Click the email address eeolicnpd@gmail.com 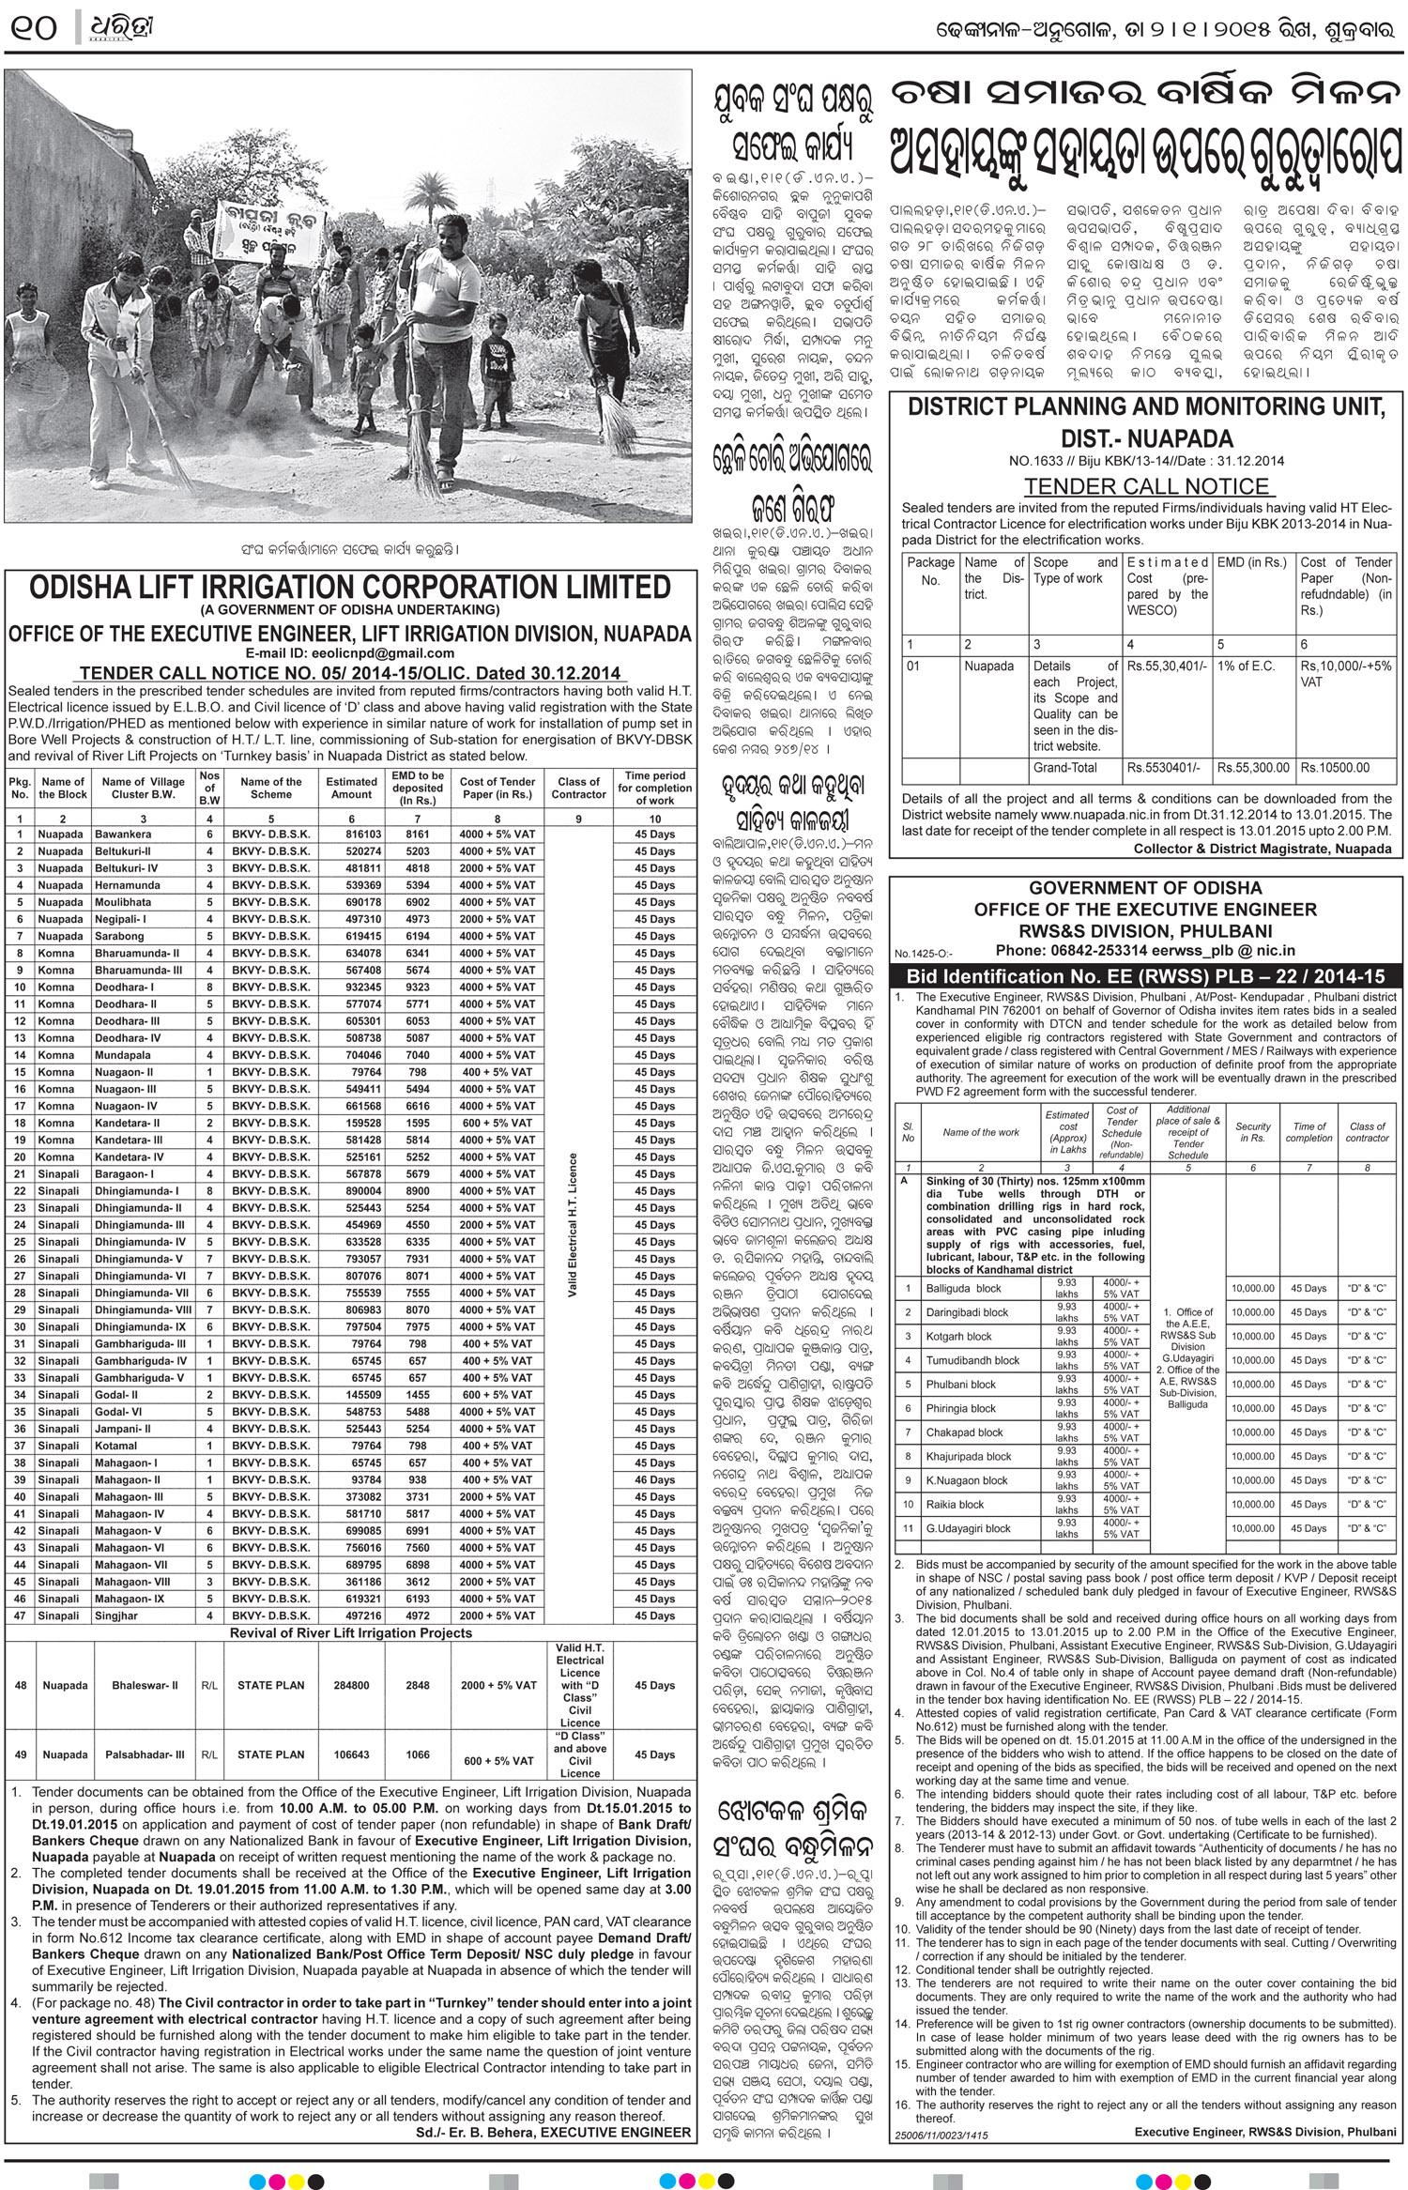point(349,653)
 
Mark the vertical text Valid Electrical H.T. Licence point(572,1225)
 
